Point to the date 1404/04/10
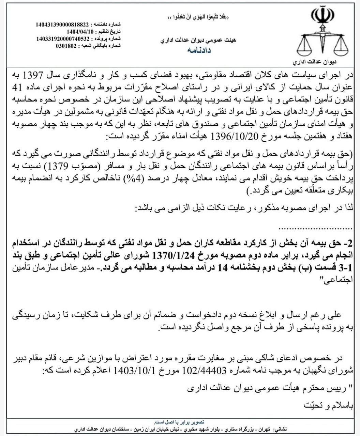tap(80, 32)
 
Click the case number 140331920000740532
tap(63, 38)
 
